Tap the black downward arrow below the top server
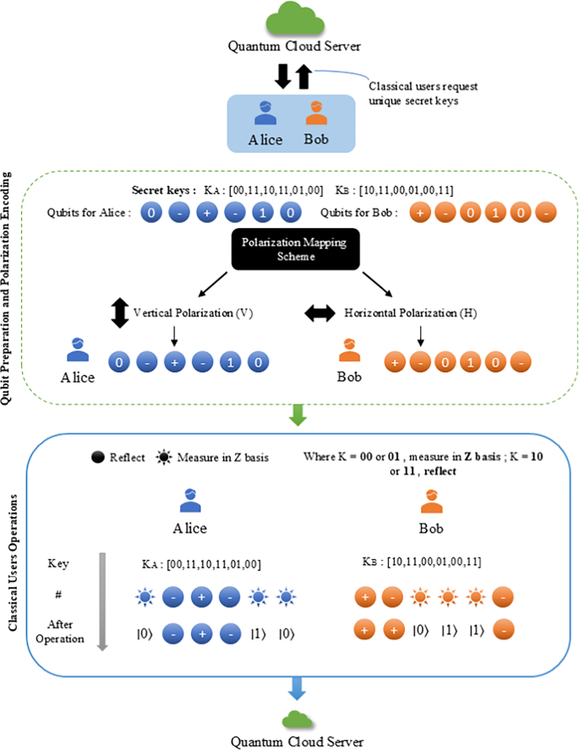(x=282, y=79)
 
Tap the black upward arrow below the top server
(x=303, y=79)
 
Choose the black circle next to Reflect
(x=98, y=457)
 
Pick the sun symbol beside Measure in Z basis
(x=164, y=457)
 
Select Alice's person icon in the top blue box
(x=265, y=114)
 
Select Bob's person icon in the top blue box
(x=316, y=114)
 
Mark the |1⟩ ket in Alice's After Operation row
(x=259, y=632)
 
